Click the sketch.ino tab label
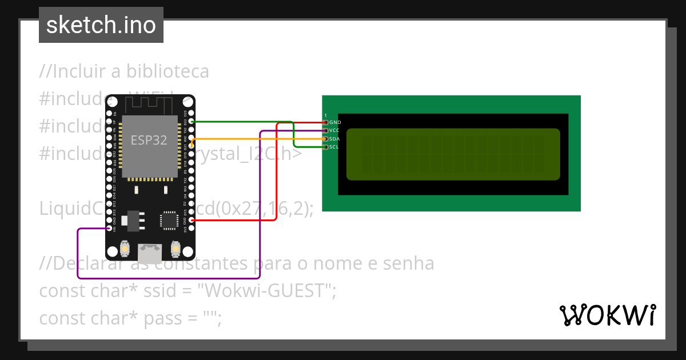[101, 25]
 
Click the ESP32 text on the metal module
[149, 140]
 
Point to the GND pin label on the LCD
[336, 122]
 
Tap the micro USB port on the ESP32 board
[150, 251]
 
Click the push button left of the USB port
[125, 249]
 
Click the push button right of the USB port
[175, 249]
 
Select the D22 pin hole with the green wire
[192, 121]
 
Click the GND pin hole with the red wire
[192, 220]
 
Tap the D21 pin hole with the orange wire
[192, 146]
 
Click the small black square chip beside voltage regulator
[169, 220]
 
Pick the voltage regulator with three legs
[133, 219]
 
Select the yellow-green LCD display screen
[453, 154]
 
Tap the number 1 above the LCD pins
[326, 115]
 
